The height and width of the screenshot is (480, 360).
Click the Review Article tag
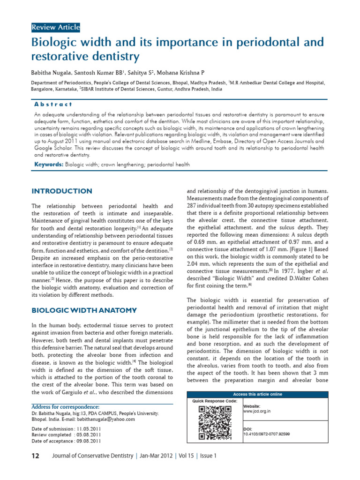point(56,28)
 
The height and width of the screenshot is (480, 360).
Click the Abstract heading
point(53,104)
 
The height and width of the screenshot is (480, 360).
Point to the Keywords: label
point(49,165)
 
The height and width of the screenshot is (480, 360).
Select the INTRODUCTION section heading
point(62,191)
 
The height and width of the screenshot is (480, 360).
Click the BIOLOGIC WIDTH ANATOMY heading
point(84,310)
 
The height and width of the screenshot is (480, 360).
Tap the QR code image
point(215,423)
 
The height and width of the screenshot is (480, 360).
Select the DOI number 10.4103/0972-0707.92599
point(266,434)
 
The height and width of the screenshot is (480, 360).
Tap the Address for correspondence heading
point(65,407)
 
